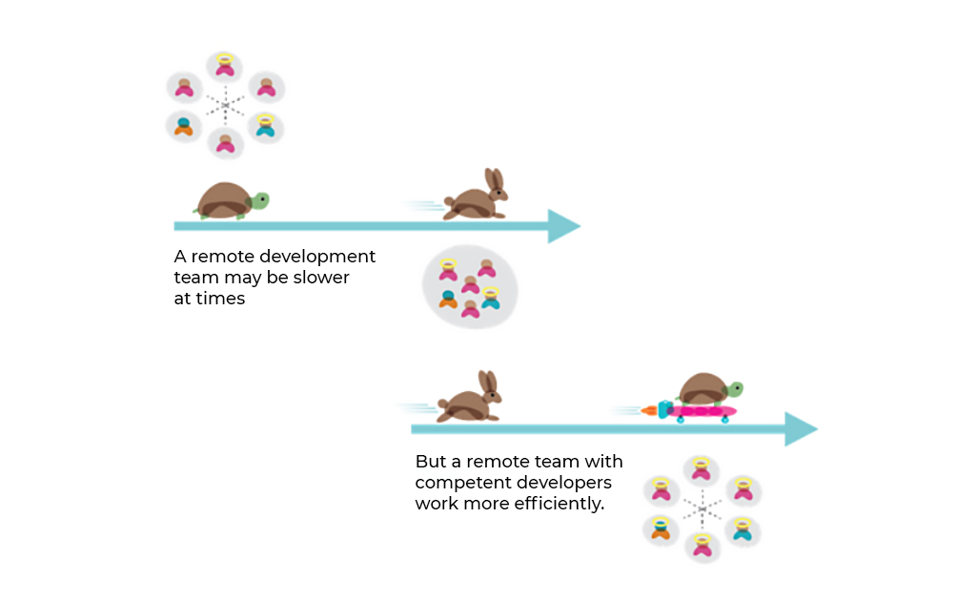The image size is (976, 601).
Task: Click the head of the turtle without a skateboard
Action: point(259,201)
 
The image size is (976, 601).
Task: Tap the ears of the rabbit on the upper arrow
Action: point(495,179)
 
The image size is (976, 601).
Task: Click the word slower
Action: point(321,278)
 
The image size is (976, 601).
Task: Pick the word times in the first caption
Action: point(220,299)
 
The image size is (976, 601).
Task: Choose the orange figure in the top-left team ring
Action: point(184,127)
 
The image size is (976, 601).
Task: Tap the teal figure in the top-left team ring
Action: point(266,127)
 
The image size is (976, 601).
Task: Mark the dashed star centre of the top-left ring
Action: point(225,105)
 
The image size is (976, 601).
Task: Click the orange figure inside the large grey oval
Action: point(448,300)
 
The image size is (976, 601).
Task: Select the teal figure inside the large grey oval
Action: point(491,299)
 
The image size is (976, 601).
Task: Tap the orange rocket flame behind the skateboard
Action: point(649,410)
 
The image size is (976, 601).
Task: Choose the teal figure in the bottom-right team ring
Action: point(742,529)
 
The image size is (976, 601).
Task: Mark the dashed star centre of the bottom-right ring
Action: point(702,508)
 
